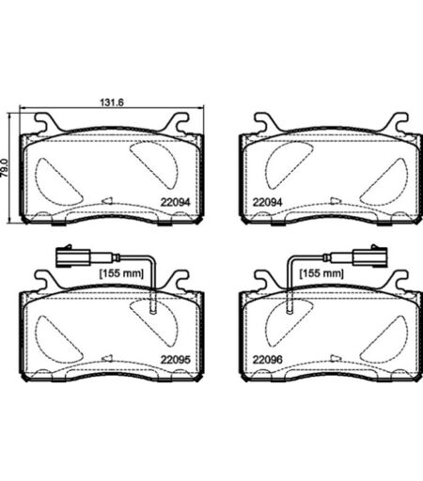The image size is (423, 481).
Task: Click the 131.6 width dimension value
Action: click(112, 102)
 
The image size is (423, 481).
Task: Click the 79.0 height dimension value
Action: click(5, 168)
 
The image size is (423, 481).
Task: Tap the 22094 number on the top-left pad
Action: click(175, 202)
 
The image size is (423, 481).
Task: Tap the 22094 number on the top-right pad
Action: click(267, 202)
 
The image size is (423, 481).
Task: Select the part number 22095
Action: click(175, 360)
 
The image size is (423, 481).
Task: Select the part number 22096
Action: click(267, 360)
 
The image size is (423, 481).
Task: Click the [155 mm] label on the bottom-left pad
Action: click(121, 273)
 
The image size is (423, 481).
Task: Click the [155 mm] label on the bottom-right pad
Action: click(321, 273)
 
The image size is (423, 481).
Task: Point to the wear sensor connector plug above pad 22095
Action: click(73, 257)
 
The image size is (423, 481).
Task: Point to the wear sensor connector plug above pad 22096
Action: click(370, 257)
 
